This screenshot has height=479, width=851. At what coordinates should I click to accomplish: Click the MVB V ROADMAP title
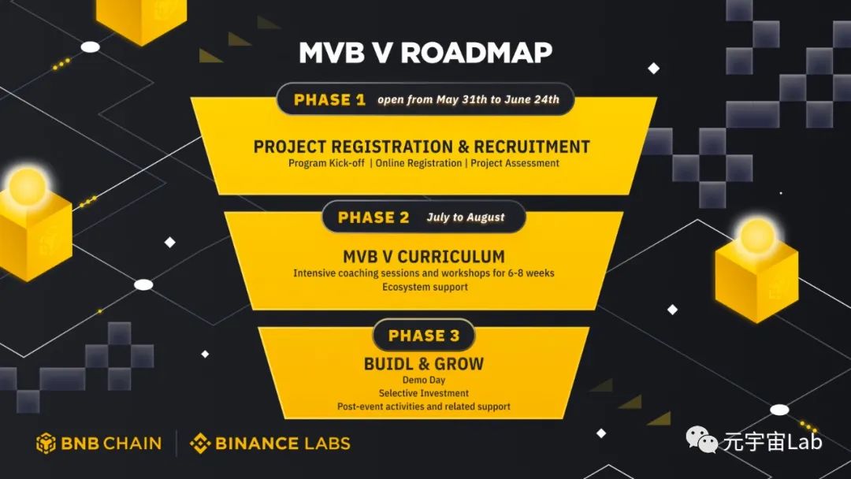[x=425, y=53]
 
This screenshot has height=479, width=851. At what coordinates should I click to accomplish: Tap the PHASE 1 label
[x=329, y=100]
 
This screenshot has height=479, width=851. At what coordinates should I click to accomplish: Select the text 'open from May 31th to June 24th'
[x=468, y=100]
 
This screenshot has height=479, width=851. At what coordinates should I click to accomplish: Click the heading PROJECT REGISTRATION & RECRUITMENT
[x=422, y=147]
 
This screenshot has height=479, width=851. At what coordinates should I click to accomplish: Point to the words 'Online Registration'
[x=418, y=163]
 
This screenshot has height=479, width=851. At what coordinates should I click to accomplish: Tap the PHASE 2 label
[x=373, y=217]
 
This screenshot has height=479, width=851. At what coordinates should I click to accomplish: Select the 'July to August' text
[x=466, y=217]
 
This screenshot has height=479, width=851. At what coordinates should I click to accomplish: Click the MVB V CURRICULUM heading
[x=423, y=258]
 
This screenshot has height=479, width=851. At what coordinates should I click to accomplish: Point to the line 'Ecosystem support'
[x=425, y=287]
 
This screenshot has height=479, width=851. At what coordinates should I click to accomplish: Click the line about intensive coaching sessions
[x=423, y=273]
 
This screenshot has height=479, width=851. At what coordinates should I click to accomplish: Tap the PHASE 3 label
[x=423, y=336]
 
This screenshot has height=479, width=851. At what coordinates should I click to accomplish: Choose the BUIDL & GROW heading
[x=423, y=364]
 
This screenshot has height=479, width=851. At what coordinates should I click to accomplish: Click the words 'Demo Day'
[x=423, y=380]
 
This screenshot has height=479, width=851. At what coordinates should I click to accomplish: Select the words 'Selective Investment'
[x=423, y=393]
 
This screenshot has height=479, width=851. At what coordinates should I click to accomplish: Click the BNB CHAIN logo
[x=99, y=444]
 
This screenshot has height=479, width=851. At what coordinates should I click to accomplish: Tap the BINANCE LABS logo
[x=270, y=444]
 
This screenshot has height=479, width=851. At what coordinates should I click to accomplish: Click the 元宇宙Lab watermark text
[x=772, y=442]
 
